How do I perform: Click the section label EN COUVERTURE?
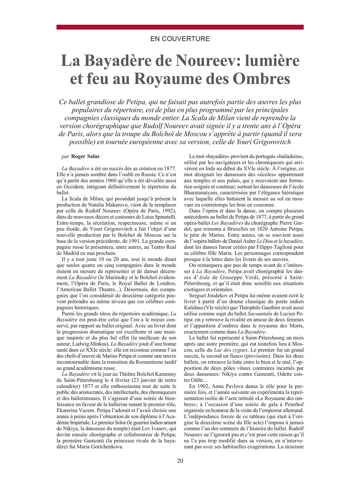point(180,39)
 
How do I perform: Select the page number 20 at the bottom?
point(180,461)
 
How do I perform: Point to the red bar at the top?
point(180,27)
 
